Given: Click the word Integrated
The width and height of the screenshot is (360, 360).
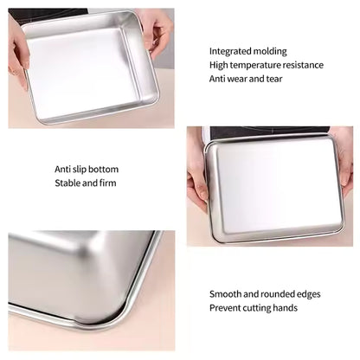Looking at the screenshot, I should tap(229, 51).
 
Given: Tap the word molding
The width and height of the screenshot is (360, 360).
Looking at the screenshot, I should tap(270, 51).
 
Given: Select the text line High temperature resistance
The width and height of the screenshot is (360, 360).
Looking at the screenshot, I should tap(266, 65).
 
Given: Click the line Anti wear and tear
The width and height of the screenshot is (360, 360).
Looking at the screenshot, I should tap(247, 79).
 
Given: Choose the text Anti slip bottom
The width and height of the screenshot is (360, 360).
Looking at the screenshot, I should tap(87, 169).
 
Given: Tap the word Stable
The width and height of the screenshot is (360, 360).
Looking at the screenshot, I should tap(67, 183).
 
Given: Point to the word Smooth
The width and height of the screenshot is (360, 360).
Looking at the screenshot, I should tap(226, 294).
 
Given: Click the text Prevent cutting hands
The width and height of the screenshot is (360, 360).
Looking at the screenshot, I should tap(254, 308).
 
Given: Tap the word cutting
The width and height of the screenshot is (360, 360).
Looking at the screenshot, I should tap(258, 308).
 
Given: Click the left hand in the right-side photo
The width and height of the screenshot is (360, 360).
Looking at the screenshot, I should tap(197, 177).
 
